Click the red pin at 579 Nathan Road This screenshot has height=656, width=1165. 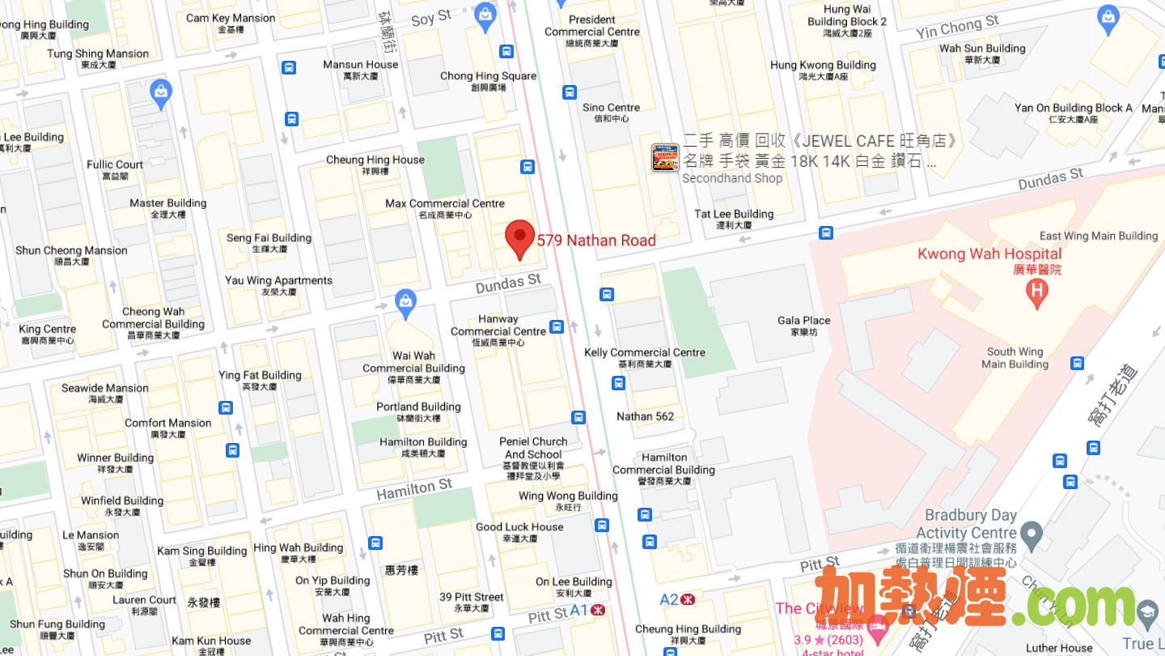519,237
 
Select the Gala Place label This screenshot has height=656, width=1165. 804,321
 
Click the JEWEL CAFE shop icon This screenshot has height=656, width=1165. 665,157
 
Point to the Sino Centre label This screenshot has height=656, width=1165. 611,108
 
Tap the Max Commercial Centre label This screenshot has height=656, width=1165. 445,204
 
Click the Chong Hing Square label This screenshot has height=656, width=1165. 488,76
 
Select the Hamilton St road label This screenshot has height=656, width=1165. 414,488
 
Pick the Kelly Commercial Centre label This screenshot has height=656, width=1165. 645,353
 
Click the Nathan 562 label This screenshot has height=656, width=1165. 645,416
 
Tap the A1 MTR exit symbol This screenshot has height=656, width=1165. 599,610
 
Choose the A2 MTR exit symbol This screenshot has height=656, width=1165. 688,600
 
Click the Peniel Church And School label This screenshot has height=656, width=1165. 533,448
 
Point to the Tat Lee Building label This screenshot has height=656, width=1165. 734,215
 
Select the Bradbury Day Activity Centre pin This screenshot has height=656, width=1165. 1031,533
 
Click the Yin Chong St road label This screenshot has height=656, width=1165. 957,27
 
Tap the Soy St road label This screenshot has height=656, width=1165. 431,18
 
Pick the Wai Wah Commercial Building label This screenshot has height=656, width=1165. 413,362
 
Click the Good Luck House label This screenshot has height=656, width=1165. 519,527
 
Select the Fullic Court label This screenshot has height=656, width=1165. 115,165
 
